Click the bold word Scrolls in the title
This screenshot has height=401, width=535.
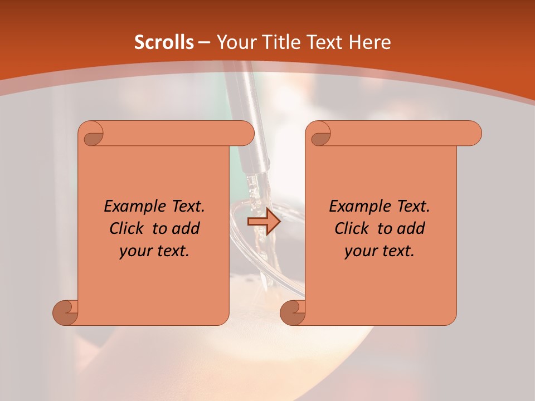(164, 43)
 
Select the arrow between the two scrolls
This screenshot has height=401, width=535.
(264, 221)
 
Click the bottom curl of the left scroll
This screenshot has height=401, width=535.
(66, 312)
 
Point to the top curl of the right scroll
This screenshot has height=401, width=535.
(320, 134)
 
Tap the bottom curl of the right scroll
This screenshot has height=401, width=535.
(293, 312)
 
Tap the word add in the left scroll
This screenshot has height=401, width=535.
(186, 228)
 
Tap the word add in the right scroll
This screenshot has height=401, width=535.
(411, 228)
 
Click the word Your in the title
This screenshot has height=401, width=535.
(234, 43)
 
